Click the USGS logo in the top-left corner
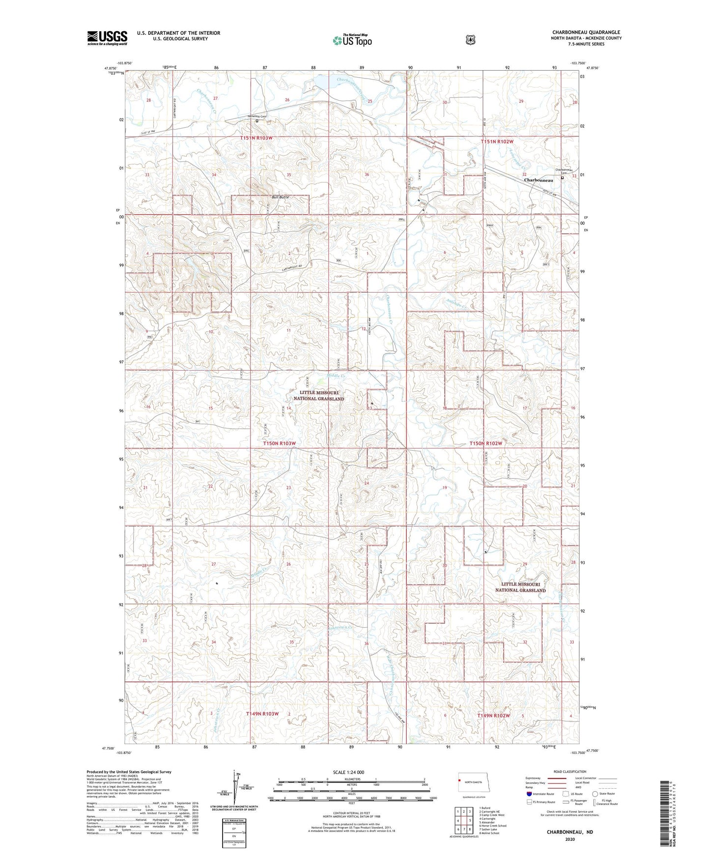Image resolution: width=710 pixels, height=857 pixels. pyautogui.click(x=107, y=38)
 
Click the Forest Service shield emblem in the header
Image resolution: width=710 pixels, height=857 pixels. pyautogui.click(x=470, y=40)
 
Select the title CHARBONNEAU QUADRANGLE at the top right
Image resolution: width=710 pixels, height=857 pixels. pyautogui.click(x=586, y=32)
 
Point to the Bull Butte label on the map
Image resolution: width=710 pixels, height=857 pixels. pyautogui.click(x=281, y=197)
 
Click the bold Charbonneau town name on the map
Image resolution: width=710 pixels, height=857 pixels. pyautogui.click(x=539, y=180)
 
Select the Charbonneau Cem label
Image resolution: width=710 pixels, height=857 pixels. pyautogui.click(x=561, y=171)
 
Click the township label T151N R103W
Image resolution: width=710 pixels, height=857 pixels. pyautogui.click(x=256, y=138)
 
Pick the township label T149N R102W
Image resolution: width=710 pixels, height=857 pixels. pyautogui.click(x=493, y=716)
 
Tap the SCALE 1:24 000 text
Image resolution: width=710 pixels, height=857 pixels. pyautogui.click(x=348, y=772)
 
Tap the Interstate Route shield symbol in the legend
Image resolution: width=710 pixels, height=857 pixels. pyautogui.click(x=529, y=793)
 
